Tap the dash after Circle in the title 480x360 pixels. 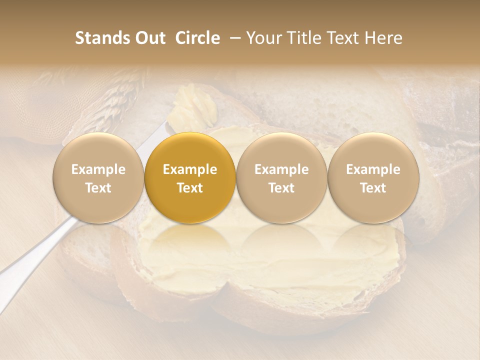click(x=233, y=38)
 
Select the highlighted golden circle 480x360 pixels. click(x=190, y=178)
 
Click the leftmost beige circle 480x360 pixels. click(x=98, y=178)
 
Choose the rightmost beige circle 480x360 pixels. click(x=373, y=178)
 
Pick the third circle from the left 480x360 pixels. click(x=281, y=178)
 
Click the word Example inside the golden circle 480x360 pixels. click(x=190, y=169)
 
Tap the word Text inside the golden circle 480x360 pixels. click(x=190, y=188)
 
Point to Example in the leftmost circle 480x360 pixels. click(x=98, y=169)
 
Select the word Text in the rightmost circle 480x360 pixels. click(x=373, y=188)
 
